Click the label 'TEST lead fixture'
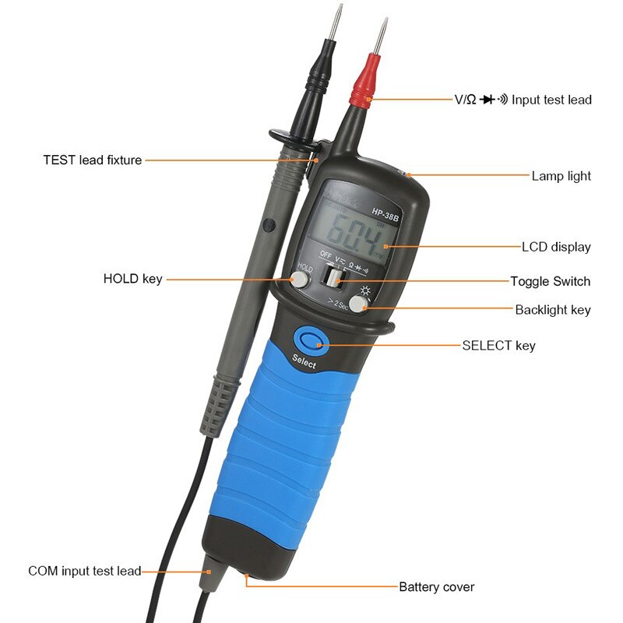pyautogui.click(x=92, y=160)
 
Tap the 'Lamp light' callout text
pyautogui.click(x=561, y=176)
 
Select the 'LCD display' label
pyautogui.click(x=556, y=248)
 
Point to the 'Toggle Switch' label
pyautogui.click(x=550, y=281)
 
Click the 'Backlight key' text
pyautogui.click(x=553, y=310)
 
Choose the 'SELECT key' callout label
pyautogui.click(x=498, y=345)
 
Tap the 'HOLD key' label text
pyautogui.click(x=132, y=279)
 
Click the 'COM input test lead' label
pyautogui.click(x=85, y=571)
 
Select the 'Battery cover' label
pyautogui.click(x=437, y=586)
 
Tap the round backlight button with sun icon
pyautogui.click(x=359, y=304)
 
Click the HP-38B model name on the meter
pyautogui.click(x=385, y=212)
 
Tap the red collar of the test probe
pyautogui.click(x=364, y=90)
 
